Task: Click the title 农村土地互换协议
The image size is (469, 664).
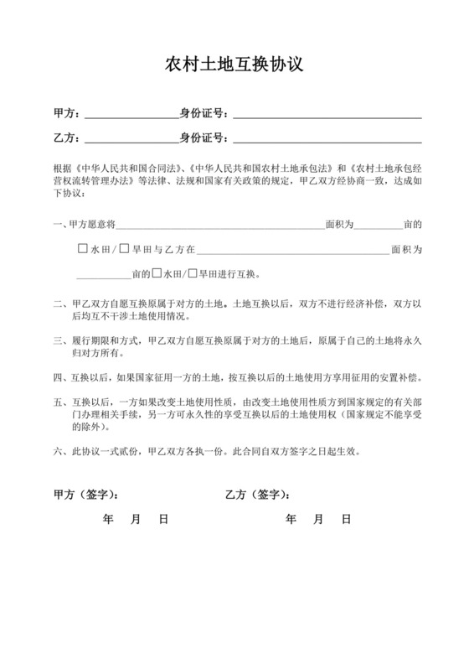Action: click(234, 65)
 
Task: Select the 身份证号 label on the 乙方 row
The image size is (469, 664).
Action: click(204, 137)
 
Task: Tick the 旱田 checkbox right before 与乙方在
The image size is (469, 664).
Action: click(124, 249)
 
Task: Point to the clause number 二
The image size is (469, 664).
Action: click(57, 304)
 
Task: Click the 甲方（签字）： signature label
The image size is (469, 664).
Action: click(85, 495)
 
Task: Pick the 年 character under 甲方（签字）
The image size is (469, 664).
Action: click(108, 520)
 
